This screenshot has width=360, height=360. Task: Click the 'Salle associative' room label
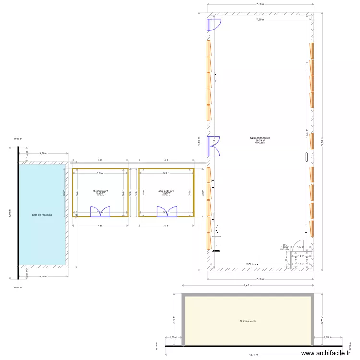(260, 138)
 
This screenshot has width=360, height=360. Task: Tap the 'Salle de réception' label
(42, 215)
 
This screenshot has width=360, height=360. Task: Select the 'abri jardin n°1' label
(100, 191)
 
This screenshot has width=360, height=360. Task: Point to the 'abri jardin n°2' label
(167, 191)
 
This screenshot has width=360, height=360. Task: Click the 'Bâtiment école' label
(248, 321)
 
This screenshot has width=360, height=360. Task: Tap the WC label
(285, 244)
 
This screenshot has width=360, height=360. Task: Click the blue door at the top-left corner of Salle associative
(214, 24)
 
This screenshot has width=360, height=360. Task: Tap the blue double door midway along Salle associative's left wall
(214, 146)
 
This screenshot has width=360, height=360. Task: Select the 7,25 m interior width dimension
(260, 20)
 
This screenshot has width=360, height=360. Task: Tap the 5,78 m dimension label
(250, 264)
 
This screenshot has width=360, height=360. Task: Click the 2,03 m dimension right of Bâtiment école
(327, 338)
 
